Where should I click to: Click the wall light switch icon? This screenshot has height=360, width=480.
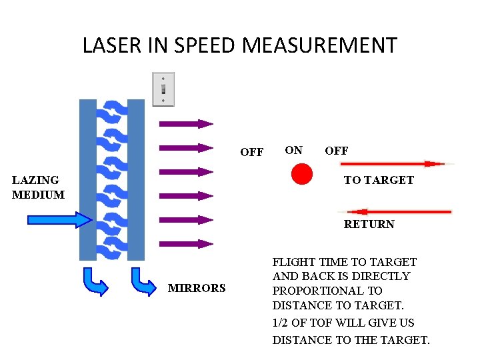(163, 89)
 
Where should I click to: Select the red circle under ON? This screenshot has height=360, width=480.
(302, 174)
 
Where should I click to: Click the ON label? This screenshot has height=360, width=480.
(293, 151)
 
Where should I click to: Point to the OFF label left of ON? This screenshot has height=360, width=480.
(251, 152)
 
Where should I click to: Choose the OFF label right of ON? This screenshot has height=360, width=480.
(336, 151)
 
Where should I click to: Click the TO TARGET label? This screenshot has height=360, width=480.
(378, 180)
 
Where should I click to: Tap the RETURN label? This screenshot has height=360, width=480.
(369, 225)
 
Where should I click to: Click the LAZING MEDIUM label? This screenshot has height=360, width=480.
(38, 187)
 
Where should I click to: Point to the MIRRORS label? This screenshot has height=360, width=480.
(197, 288)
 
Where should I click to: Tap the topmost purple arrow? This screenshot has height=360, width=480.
(185, 123)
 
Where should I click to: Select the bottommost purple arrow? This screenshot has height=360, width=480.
(185, 244)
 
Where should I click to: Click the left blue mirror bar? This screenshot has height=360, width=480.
(87, 179)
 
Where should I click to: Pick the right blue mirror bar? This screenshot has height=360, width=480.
(136, 179)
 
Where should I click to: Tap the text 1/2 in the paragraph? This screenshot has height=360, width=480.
(280, 323)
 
